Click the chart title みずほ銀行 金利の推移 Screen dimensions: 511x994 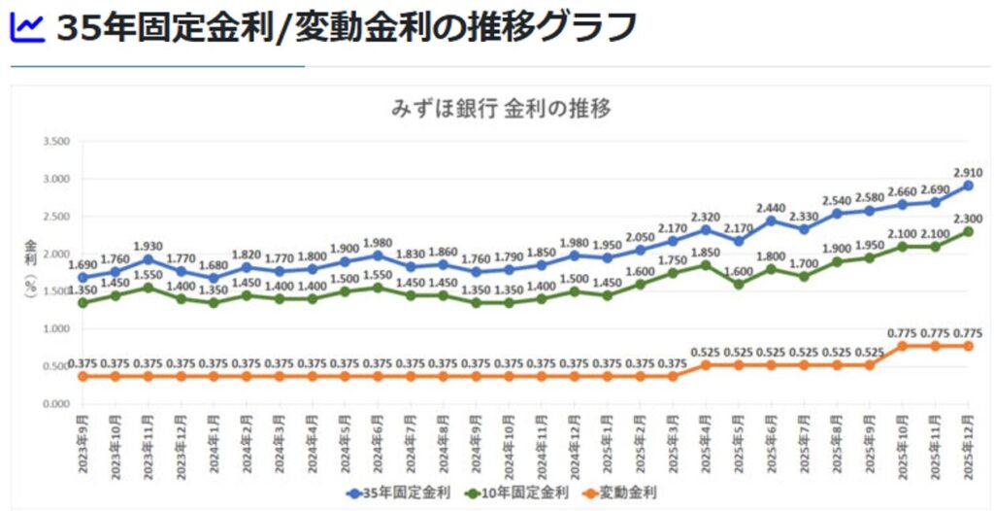(x=501, y=108)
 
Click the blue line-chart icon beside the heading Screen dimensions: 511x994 (x=27, y=28)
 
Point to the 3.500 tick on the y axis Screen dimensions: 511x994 (x=55, y=142)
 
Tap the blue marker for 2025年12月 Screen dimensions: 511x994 (x=968, y=186)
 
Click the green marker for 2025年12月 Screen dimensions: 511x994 (x=968, y=231)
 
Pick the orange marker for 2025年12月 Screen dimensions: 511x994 (x=968, y=346)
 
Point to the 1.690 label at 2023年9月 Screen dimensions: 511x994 (x=83, y=263)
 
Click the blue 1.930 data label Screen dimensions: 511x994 (x=148, y=246)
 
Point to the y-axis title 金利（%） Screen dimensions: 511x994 (x=29, y=272)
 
